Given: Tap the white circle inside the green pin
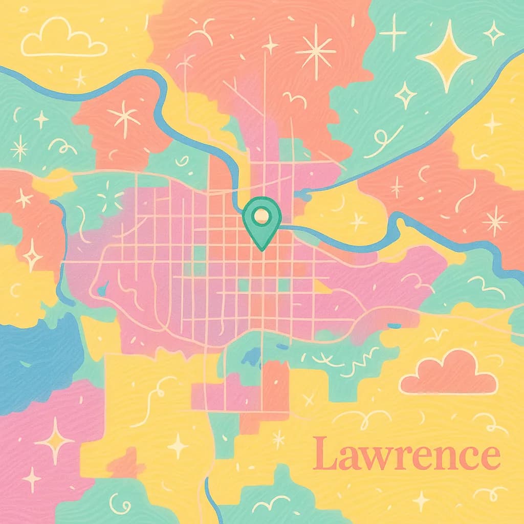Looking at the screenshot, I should pos(261,214).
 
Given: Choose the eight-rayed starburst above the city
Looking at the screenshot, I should pos(315,50).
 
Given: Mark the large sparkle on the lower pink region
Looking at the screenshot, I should pos(55,441).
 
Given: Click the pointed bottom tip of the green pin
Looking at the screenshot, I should pos(261,249).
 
